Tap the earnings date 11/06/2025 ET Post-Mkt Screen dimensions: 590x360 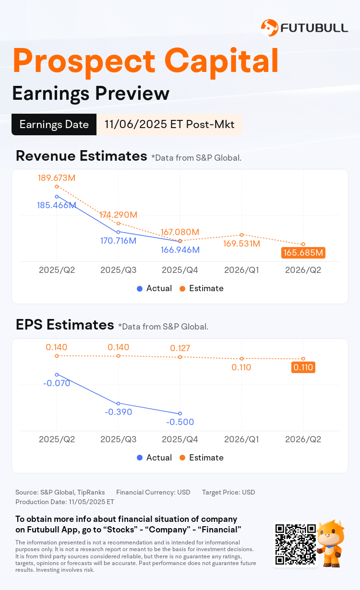(x=169, y=125)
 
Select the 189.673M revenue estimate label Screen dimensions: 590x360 (x=57, y=178)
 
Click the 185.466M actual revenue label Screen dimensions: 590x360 (x=57, y=205)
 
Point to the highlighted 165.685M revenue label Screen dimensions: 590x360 (x=303, y=253)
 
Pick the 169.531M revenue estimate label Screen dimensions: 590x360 (x=242, y=244)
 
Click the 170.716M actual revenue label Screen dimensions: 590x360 (x=118, y=240)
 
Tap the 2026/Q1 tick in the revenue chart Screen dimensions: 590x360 (x=242, y=270)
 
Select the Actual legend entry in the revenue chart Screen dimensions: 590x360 (x=154, y=288)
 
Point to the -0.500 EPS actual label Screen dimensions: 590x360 (x=180, y=422)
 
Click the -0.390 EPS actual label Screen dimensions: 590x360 (x=118, y=412)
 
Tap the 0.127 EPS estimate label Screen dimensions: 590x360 (x=180, y=348)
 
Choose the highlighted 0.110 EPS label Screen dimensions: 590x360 (x=303, y=368)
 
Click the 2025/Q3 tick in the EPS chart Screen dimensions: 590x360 (x=118, y=439)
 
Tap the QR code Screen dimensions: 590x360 (x=295, y=543)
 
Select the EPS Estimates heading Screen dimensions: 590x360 (x=64, y=325)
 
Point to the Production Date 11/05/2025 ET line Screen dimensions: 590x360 (x=65, y=502)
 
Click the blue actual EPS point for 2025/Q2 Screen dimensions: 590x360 (x=57, y=375)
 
